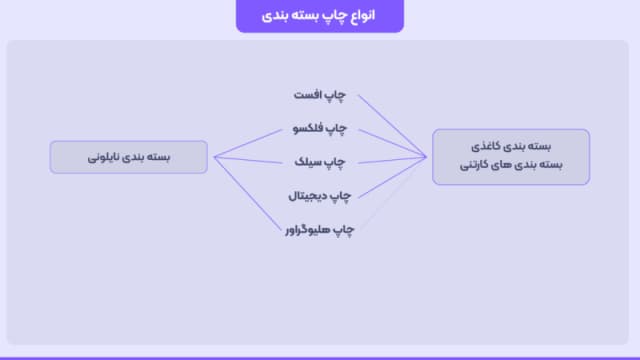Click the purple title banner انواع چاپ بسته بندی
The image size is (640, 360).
click(x=320, y=16)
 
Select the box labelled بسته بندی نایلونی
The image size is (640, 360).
click(x=129, y=157)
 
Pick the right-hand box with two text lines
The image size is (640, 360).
click(x=511, y=156)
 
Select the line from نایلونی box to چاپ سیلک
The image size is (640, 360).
click(x=250, y=159)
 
